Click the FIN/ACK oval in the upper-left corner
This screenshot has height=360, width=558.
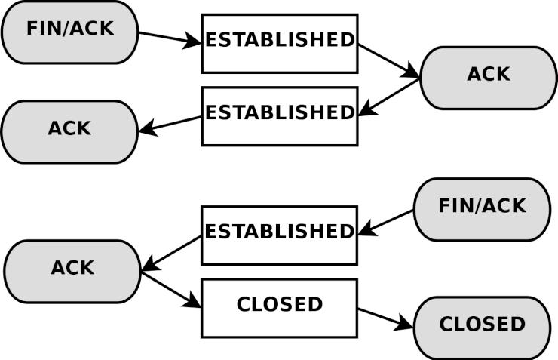pyautogui.click(x=69, y=32)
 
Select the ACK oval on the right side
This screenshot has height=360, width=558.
pyautogui.click(x=489, y=78)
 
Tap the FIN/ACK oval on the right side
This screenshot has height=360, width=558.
pyautogui.click(x=482, y=210)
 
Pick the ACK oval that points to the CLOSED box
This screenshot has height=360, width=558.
pyautogui.click(x=72, y=272)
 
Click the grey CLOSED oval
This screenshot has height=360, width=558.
pyautogui.click(x=482, y=328)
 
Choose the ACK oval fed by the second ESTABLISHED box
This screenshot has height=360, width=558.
pyautogui.click(x=69, y=132)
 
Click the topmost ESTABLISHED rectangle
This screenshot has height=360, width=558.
pyautogui.click(x=280, y=44)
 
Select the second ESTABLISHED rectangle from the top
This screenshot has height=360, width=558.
pyautogui.click(x=280, y=116)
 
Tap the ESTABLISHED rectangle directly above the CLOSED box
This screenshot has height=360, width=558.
pyautogui.click(x=279, y=235)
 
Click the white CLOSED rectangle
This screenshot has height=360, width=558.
pyautogui.click(x=279, y=308)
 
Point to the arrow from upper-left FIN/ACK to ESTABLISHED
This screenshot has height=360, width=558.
pyautogui.click(x=170, y=38)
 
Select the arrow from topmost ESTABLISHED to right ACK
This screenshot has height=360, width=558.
pyautogui.click(x=389, y=60)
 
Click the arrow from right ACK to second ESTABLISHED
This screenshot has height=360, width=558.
pyautogui.click(x=389, y=97)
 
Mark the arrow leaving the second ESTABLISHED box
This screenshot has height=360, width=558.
pyautogui.click(x=170, y=125)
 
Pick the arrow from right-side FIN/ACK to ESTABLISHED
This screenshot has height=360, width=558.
pyautogui.click(x=386, y=223)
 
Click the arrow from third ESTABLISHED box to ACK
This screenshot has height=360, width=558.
pyautogui.click(x=171, y=254)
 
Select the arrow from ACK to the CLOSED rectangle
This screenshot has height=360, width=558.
pyautogui.click(x=171, y=290)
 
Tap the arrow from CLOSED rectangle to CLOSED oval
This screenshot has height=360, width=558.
pyautogui.click(x=386, y=318)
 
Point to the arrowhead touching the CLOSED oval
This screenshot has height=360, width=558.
pyautogui.click(x=406, y=322)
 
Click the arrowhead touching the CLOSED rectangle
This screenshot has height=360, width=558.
pyautogui.click(x=193, y=301)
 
